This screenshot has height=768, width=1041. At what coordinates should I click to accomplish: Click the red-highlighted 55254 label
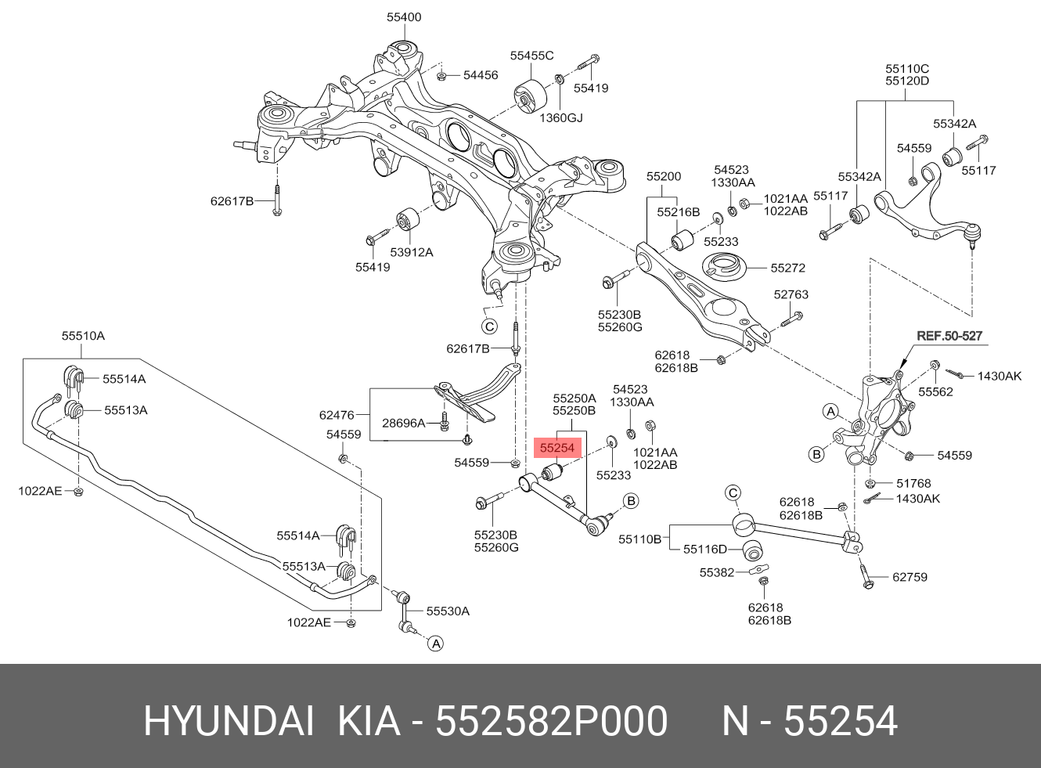coord(557,448)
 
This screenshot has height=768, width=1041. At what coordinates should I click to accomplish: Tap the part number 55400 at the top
coord(404,17)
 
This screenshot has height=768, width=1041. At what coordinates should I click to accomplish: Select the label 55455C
coord(531,56)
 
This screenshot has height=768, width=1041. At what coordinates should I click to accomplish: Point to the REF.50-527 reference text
coord(949,336)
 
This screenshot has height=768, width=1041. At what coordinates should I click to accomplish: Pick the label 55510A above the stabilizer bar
coord(83,336)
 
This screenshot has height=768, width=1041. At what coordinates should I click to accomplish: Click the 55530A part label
coord(448,611)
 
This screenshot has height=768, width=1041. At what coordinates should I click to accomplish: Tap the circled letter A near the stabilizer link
coord(436,644)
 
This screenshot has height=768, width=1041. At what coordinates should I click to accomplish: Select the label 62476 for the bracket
coord(337,415)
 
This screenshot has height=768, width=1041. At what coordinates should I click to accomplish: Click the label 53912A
coord(411,252)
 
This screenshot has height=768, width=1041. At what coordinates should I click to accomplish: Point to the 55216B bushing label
coord(678,212)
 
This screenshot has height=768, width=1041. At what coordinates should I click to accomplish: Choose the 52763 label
coord(791,294)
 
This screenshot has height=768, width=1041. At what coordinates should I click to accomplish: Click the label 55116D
coord(704,550)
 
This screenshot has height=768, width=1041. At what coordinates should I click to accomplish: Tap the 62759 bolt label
coord(910,577)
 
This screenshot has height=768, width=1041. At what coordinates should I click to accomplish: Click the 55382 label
coord(717,573)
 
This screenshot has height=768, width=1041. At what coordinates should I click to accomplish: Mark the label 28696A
coord(403,423)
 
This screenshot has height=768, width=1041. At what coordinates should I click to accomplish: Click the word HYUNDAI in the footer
coord(229,721)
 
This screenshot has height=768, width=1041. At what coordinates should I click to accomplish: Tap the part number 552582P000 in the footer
coord(552,721)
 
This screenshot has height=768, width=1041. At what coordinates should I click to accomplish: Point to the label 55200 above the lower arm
coord(664,177)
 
